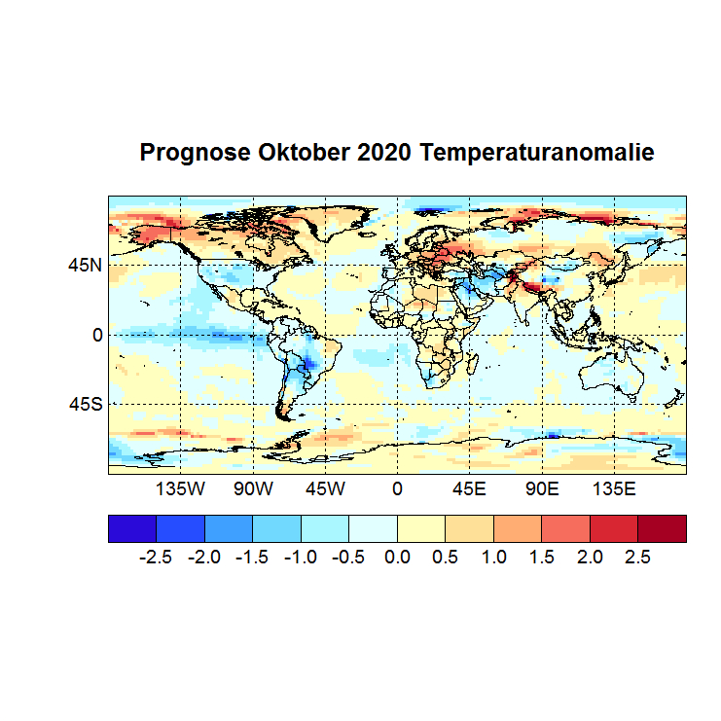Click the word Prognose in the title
tap(196, 153)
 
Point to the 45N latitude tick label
tap(85, 265)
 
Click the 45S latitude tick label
tap(85, 404)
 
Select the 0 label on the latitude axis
tap(96, 335)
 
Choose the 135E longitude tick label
tap(613, 488)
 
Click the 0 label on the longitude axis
tap(397, 488)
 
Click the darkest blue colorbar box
tap(131, 528)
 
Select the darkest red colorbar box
tap(662, 528)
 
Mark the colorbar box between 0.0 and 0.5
tap(421, 528)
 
